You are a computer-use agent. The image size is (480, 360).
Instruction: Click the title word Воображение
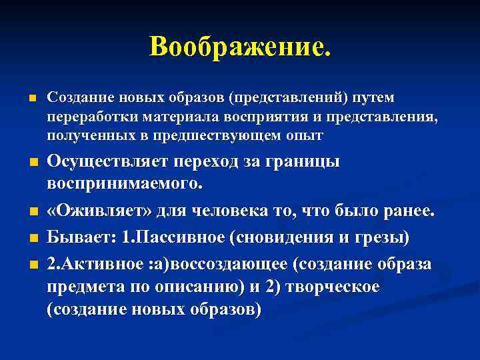tap(239, 47)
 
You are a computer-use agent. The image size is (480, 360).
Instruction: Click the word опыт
tap(305, 135)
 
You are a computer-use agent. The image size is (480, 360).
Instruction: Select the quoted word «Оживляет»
tap(97, 211)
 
